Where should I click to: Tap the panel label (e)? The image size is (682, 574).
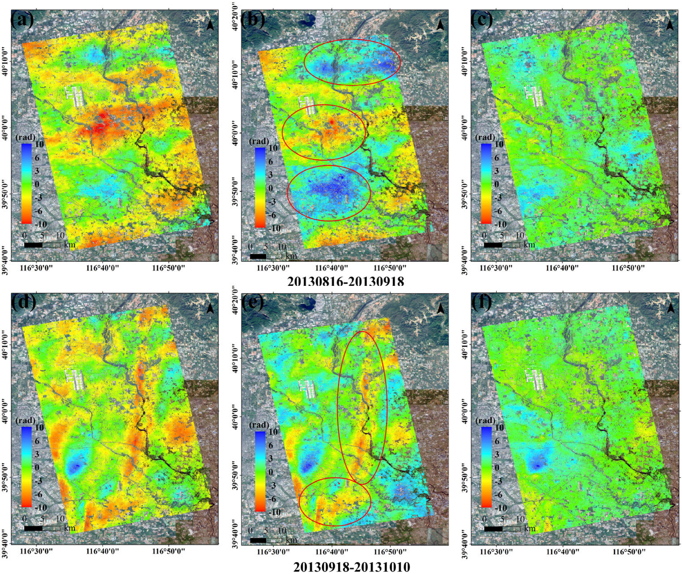252,301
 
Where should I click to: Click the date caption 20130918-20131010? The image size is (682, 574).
351,567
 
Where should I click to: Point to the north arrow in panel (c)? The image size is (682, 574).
670,25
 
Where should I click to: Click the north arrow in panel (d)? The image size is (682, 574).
210,308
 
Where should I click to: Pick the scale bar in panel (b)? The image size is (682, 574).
266,256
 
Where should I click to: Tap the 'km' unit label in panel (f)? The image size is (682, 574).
529,528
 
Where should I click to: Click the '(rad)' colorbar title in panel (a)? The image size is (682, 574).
25,137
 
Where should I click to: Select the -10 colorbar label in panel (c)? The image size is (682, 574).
500,224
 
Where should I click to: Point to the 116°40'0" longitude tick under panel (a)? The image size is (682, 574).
102,268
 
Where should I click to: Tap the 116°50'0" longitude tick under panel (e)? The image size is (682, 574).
390,552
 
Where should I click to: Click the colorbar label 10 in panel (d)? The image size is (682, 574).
39,427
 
